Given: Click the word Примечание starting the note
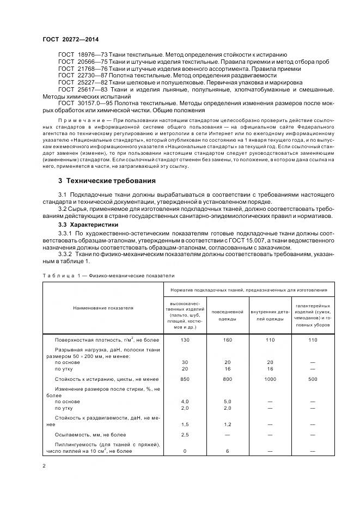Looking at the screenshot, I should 78,118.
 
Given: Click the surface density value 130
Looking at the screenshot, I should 185,340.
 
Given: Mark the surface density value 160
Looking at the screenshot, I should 228,340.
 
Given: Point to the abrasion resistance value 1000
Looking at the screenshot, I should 271,378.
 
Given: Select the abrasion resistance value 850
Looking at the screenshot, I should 185,378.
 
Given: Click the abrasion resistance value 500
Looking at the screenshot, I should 313,378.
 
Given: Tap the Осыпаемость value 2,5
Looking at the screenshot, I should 185,435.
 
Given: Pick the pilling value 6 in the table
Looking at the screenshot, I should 228,451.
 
